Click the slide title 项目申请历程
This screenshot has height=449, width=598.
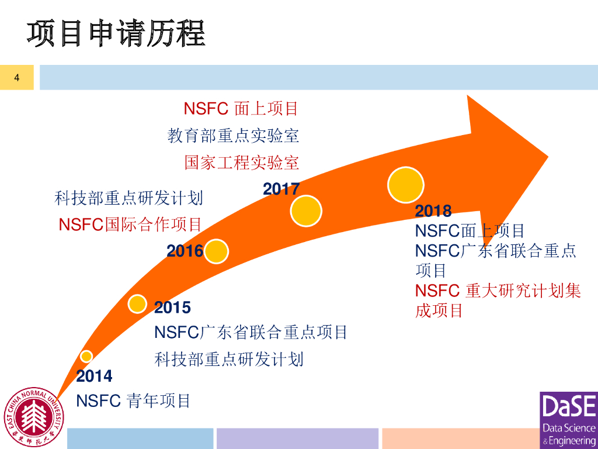pos(116,33)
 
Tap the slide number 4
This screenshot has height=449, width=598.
pos(17,78)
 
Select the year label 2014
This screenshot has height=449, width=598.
pos(94,375)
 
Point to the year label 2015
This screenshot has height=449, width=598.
pos(172,307)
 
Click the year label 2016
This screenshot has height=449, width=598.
pos(185,251)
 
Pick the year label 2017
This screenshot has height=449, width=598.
pos(281,189)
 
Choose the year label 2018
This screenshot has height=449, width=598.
pos(433,210)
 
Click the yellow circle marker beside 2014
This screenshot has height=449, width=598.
pos(86,356)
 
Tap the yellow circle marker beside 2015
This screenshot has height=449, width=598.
pos(137,303)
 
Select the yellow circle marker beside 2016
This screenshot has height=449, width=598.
pos(216,251)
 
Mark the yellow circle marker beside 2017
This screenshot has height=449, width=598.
pos(306,210)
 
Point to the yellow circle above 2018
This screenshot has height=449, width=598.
pos(405,185)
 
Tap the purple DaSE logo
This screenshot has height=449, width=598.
pos(568,420)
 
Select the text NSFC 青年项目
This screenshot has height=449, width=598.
pos(134,400)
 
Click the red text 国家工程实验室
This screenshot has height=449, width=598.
pos(242,162)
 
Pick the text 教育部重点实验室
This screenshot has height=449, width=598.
pos(234,136)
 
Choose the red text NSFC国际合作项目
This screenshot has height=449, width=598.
pos(130,224)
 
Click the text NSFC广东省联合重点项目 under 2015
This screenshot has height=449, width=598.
pos(251,332)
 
